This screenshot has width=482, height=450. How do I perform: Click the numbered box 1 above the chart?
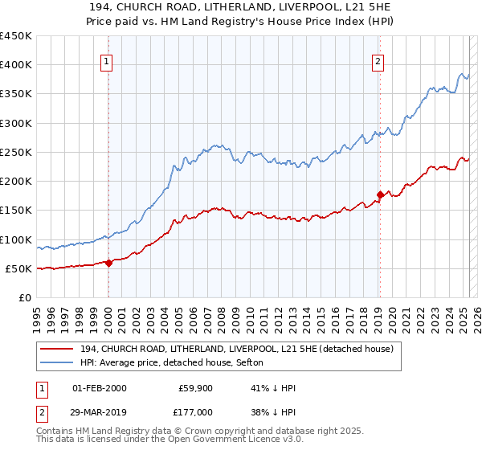point(107,59)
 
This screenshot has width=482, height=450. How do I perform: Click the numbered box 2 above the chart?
point(378,59)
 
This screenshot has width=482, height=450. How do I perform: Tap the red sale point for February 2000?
point(108,263)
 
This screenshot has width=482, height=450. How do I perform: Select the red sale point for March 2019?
point(380,194)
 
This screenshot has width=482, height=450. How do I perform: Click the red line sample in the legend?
point(58,350)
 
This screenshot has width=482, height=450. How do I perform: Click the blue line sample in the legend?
point(58,363)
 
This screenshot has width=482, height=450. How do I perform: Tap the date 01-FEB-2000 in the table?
point(99,389)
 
